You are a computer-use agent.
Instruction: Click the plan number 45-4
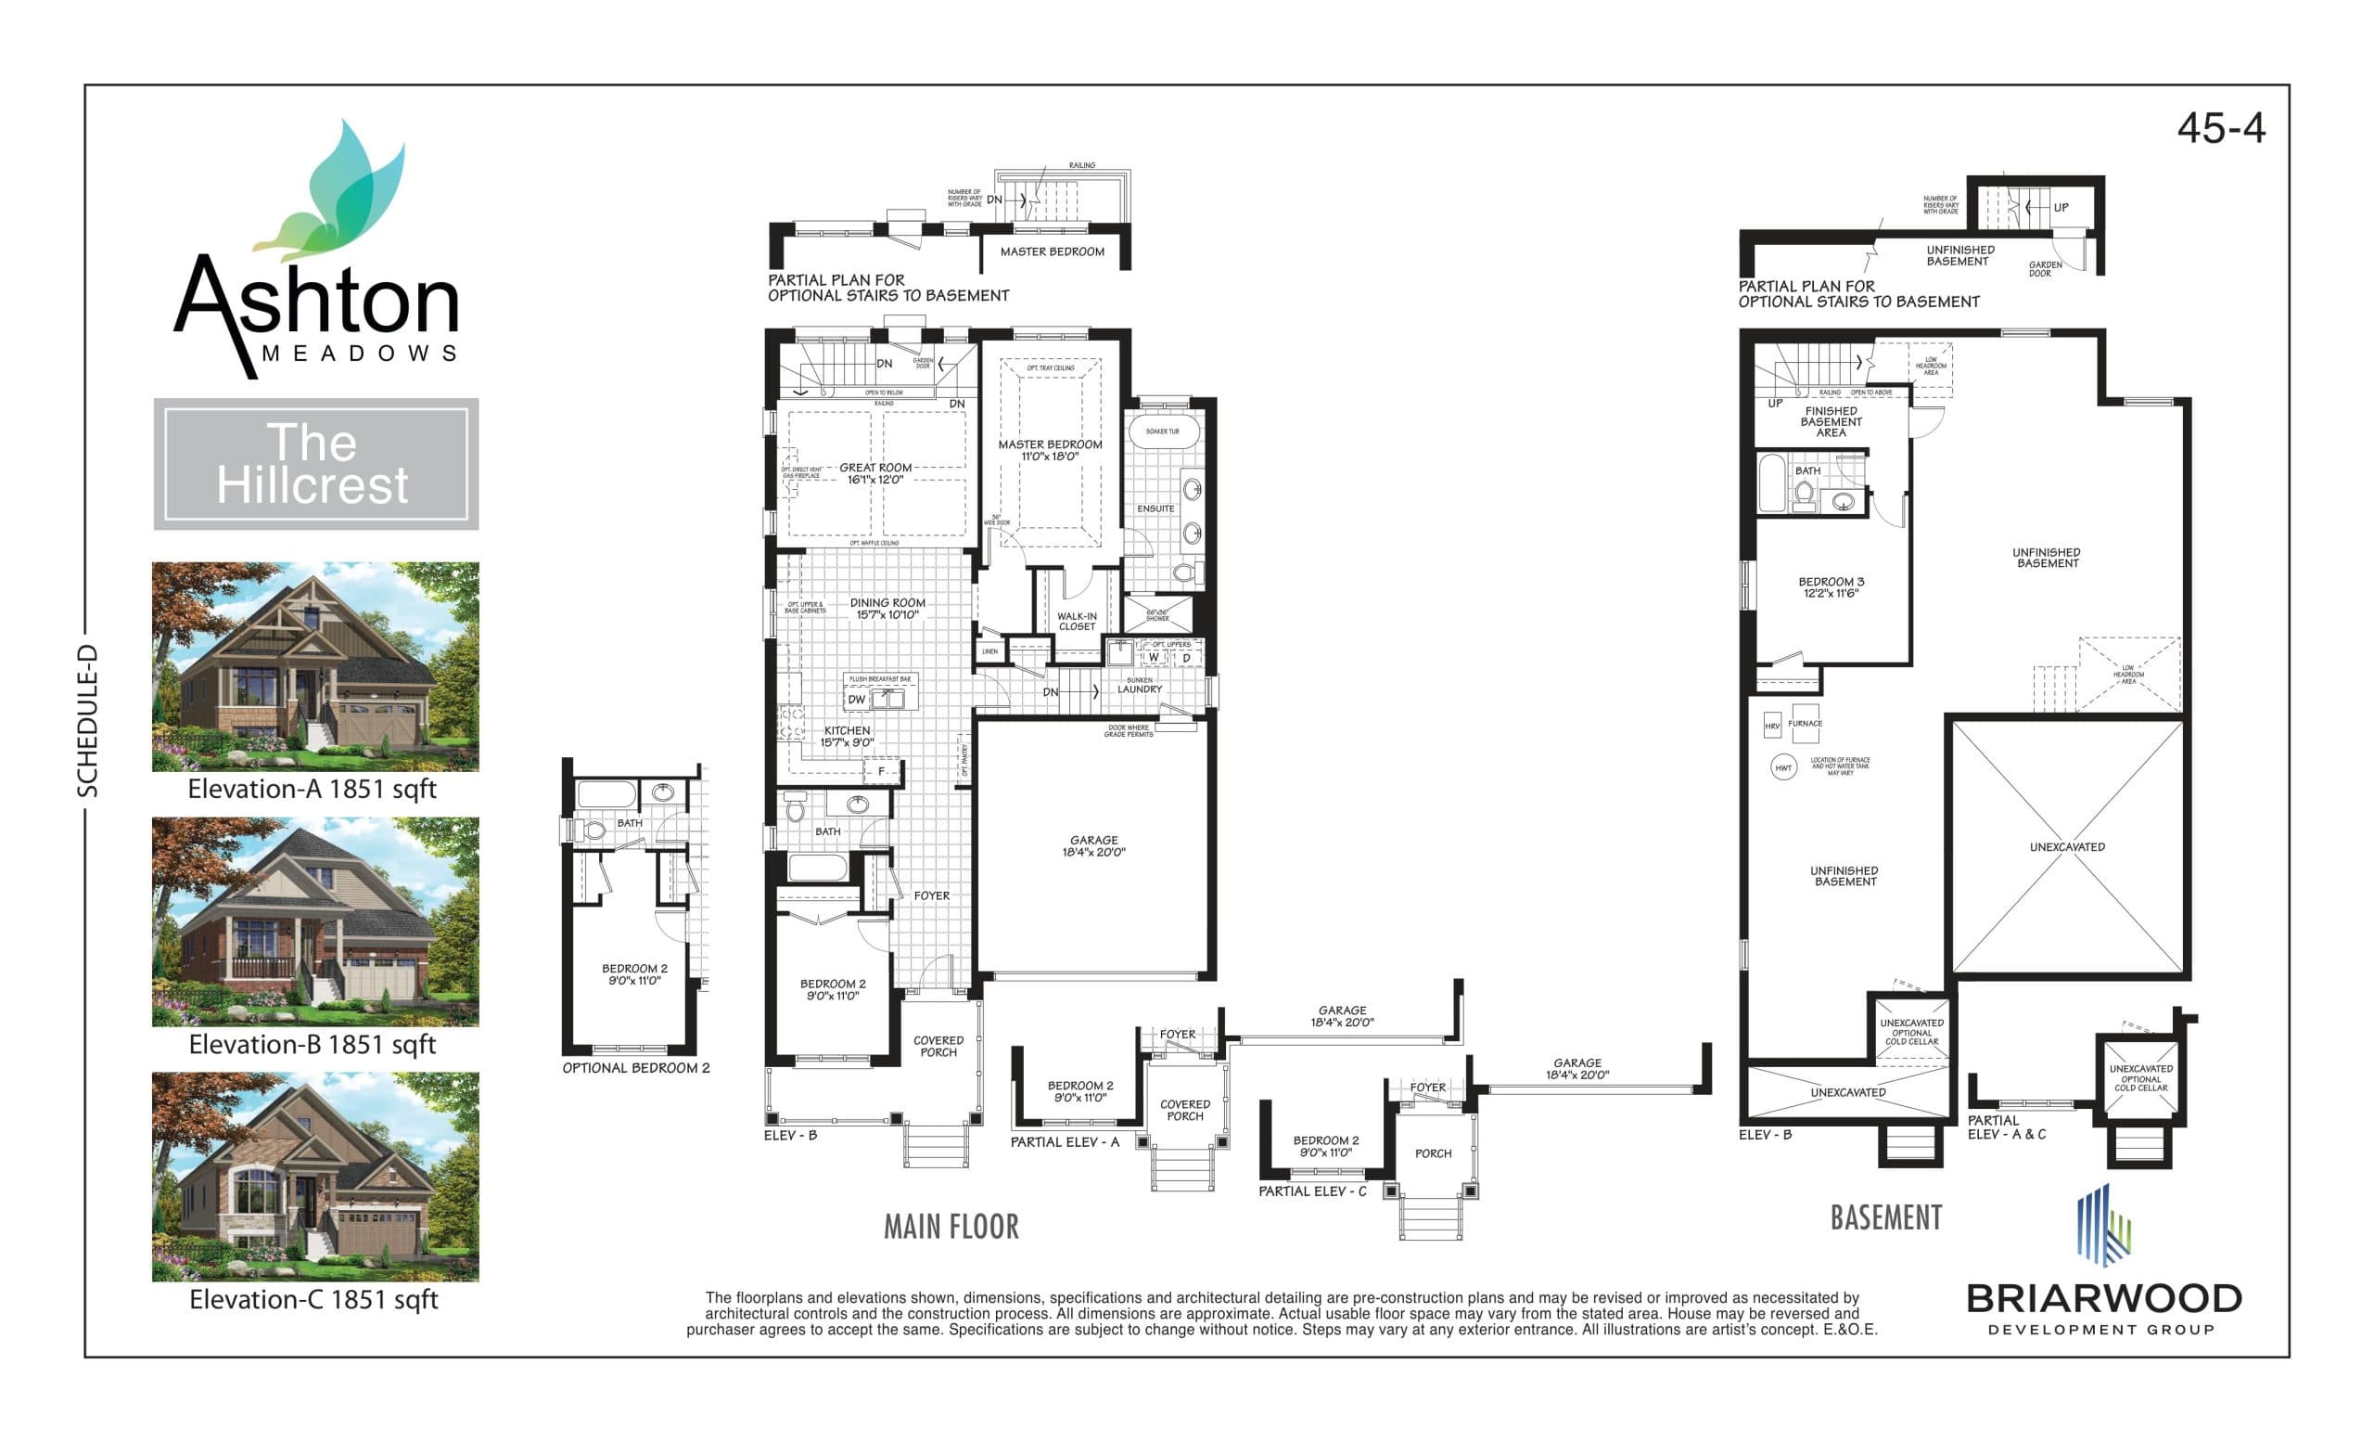click(2220, 128)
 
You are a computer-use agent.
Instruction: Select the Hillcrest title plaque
click(315, 464)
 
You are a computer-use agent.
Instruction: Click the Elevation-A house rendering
click(315, 666)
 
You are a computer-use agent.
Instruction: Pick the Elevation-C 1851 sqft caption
click(313, 1299)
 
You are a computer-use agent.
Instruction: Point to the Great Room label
click(874, 473)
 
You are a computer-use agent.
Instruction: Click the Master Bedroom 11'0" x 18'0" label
click(1049, 450)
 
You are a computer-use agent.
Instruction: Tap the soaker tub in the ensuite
click(1162, 431)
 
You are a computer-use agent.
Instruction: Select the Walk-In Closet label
click(1077, 621)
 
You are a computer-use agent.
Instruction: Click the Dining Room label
click(887, 608)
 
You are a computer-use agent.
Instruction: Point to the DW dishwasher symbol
click(857, 699)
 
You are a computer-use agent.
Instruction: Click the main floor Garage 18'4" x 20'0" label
click(1093, 845)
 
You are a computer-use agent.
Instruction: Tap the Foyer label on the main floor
click(931, 895)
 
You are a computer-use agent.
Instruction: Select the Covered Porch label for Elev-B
click(938, 1046)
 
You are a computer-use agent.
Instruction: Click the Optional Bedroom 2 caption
click(636, 1068)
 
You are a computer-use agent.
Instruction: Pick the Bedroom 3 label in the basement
click(1831, 587)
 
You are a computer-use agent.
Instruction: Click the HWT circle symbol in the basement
click(1783, 767)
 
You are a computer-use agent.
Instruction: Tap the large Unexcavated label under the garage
click(2067, 846)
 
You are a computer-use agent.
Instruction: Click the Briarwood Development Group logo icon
click(2102, 1224)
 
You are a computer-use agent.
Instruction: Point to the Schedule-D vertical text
click(88, 720)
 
